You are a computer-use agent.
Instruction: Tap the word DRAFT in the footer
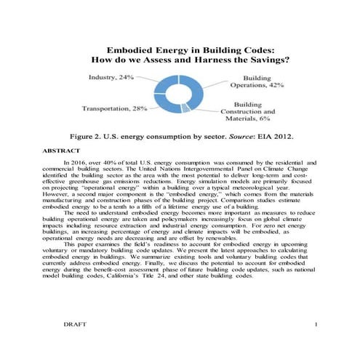(x=76, y=342)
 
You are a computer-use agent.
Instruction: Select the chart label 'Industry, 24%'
(x=111, y=76)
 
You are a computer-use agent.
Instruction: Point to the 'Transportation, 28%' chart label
(x=115, y=108)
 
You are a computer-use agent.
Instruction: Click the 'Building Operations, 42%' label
(x=265, y=81)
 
